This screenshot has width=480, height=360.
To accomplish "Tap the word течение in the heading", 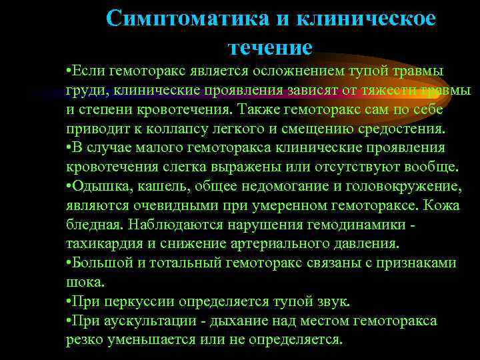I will (x=270, y=47).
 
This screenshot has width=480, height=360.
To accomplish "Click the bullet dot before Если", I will (x=69, y=71).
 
